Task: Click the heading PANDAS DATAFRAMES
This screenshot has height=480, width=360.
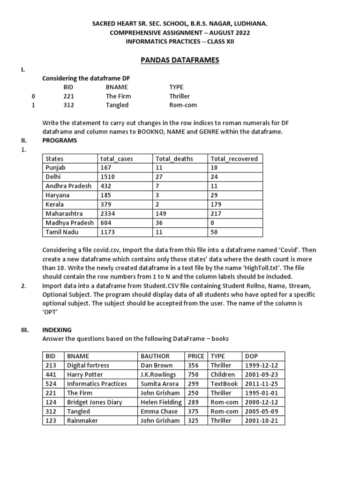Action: (x=180, y=60)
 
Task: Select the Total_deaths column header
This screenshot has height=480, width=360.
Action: (x=174, y=159)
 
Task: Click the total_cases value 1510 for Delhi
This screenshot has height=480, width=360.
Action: (x=107, y=177)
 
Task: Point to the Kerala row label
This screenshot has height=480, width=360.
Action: (x=55, y=204)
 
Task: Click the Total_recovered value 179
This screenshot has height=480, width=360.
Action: (x=216, y=204)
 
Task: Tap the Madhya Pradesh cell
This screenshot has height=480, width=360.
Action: (x=69, y=223)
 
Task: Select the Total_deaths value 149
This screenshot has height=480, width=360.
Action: (x=161, y=214)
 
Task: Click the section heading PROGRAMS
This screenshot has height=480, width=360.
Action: (x=60, y=141)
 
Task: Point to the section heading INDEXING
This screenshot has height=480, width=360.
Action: (x=57, y=330)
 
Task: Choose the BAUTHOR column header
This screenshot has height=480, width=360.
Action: (x=155, y=356)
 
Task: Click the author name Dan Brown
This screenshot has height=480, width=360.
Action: (x=157, y=365)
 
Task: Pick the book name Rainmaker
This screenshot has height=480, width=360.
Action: (x=82, y=420)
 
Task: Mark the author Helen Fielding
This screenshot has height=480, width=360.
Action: (x=161, y=402)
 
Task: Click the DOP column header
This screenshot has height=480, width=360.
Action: (x=251, y=356)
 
